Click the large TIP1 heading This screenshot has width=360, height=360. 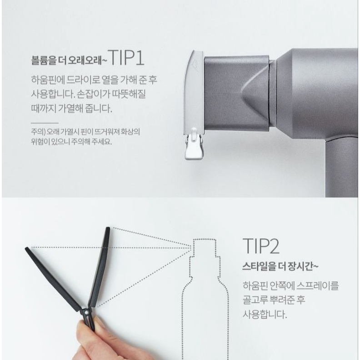coord(126,58)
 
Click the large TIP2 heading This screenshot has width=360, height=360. coord(261,246)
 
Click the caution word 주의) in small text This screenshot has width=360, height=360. coord(38,132)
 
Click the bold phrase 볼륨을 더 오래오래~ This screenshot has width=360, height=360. coord(69,60)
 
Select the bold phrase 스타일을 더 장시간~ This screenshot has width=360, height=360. coord(280,266)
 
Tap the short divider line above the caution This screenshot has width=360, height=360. coord(45,123)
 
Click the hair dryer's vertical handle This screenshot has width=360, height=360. coord(342,168)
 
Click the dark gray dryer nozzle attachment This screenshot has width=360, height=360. coord(236,93)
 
